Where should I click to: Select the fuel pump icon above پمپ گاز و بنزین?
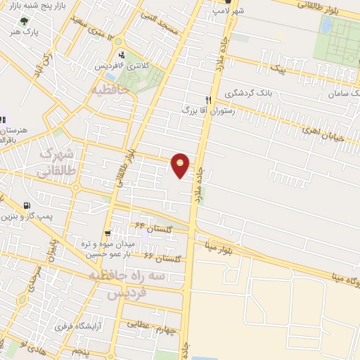click(27, 206)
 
